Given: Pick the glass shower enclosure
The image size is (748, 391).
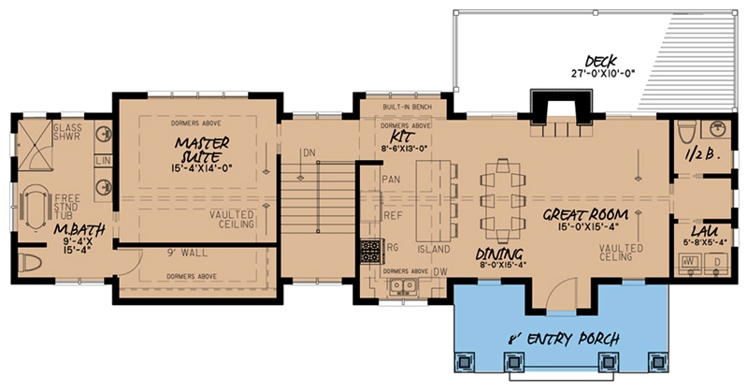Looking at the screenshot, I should click(x=38, y=146).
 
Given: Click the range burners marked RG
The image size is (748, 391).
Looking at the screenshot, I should click(x=369, y=250).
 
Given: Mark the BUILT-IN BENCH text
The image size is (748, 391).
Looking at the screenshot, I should click(x=405, y=109).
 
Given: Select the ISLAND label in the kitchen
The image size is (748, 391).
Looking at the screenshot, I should click(x=434, y=250).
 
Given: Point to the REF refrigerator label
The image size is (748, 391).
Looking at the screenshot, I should click(x=393, y=214).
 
